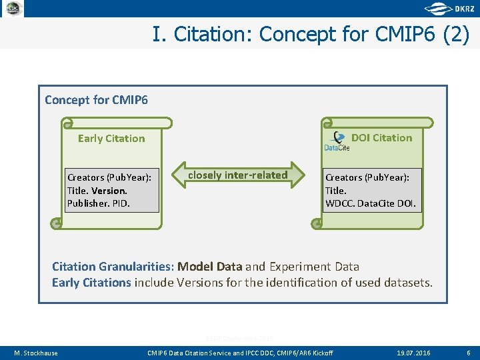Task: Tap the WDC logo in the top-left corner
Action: coord(13,9)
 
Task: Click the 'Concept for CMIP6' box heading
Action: coord(96,100)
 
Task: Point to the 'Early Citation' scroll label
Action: coord(111,139)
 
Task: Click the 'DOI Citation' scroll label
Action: coord(381,138)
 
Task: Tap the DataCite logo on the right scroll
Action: coord(337,142)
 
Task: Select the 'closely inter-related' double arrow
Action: coord(238,175)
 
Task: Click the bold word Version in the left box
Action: coord(109,190)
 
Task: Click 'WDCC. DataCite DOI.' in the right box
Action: coord(370,203)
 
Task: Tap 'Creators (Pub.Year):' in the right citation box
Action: coord(367,177)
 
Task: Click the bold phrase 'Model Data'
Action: coord(209,267)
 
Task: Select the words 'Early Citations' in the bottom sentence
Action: coord(91,283)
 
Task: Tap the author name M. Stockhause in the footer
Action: coord(36,353)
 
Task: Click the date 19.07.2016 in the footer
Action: coord(414,353)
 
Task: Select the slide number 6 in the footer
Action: coord(468,353)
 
